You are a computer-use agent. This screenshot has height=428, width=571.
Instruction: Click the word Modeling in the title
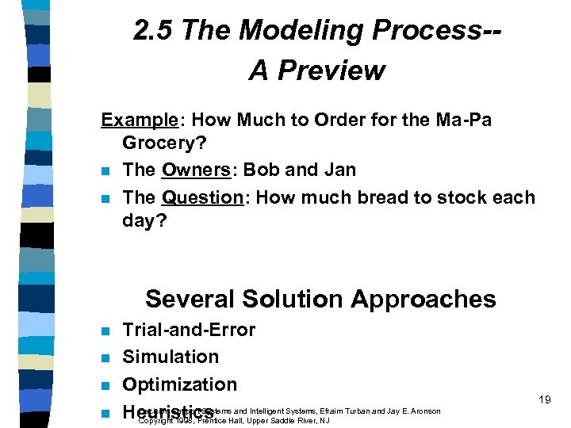pyautogui.click(x=297, y=31)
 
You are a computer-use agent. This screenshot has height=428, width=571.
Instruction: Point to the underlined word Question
pyautogui.click(x=202, y=197)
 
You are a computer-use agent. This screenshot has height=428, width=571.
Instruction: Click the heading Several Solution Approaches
pyautogui.click(x=320, y=299)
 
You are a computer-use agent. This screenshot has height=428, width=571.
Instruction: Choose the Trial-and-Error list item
pyautogui.click(x=189, y=330)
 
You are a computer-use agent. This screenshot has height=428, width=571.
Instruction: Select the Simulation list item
pyautogui.click(x=171, y=357)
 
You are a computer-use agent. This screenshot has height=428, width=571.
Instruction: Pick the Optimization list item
pyautogui.click(x=179, y=384)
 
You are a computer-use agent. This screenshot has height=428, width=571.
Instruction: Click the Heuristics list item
pyautogui.click(x=167, y=412)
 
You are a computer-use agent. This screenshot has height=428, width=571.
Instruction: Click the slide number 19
pyautogui.click(x=544, y=400)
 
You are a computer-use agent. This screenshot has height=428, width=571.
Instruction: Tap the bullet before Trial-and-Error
pyautogui.click(x=105, y=331)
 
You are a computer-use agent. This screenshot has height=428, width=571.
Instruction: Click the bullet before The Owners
pyautogui.click(x=105, y=171)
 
